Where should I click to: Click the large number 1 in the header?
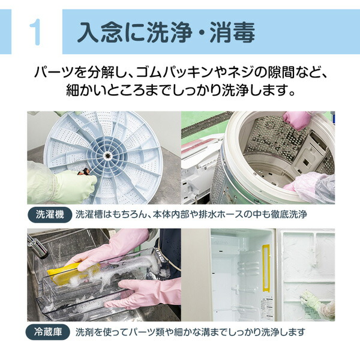[35, 31]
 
